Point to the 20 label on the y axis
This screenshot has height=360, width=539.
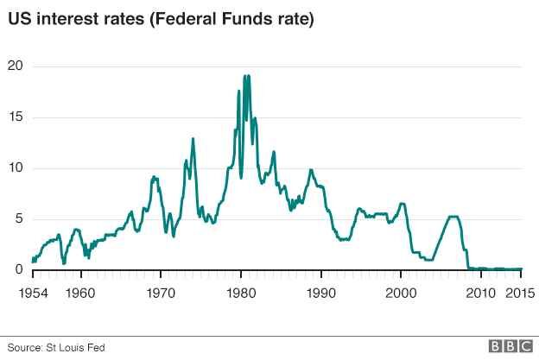pyautogui.click(x=15, y=66)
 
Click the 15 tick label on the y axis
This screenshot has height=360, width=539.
pyautogui.click(x=15, y=117)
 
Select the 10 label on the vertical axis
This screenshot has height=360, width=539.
pyautogui.click(x=15, y=168)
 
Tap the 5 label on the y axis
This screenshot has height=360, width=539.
pyautogui.click(x=18, y=219)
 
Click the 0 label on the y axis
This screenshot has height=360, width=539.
pyautogui.click(x=18, y=270)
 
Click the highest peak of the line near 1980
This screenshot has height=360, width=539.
pyautogui.click(x=244, y=76)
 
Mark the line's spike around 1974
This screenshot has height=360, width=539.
pyautogui.click(x=193, y=139)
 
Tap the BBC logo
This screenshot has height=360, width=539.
pyautogui.click(x=511, y=346)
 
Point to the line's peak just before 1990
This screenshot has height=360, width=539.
pyautogui.click(x=311, y=170)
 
